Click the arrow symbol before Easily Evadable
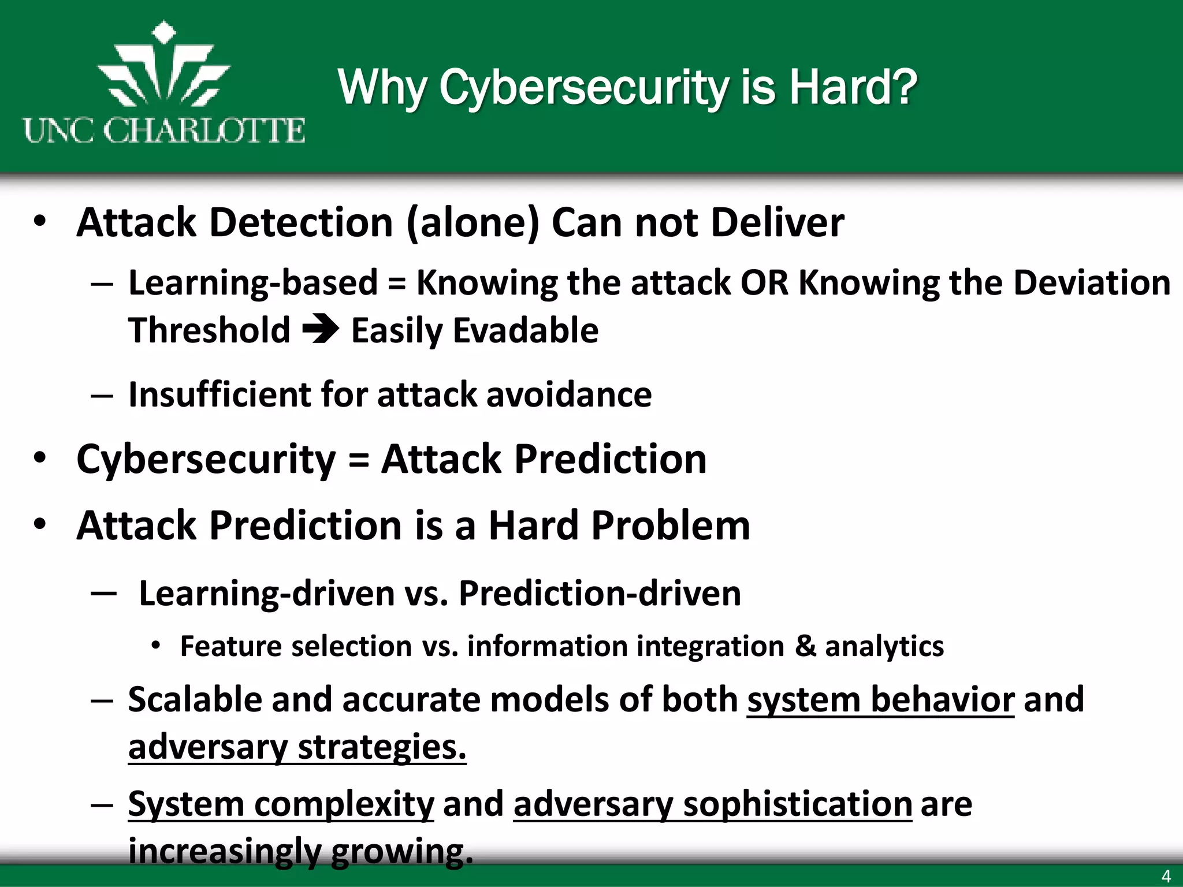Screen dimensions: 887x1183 point(321,330)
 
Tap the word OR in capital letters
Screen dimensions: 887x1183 point(764,283)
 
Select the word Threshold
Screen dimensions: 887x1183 point(209,330)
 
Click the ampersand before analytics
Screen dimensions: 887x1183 point(805,646)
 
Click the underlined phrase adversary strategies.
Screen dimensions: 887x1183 point(297,747)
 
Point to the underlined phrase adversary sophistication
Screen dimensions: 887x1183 point(712,804)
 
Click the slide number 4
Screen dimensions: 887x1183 point(1166,876)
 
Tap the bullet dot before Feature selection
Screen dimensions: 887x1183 point(155,646)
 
